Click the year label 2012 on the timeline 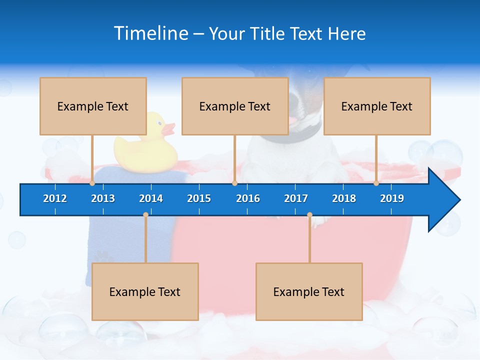pyautogui.click(x=55, y=198)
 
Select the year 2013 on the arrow pyautogui.click(x=103, y=198)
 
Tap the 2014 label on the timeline pyautogui.click(x=151, y=198)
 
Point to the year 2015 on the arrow pyautogui.click(x=199, y=198)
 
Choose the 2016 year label pyautogui.click(x=248, y=198)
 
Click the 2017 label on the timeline pyautogui.click(x=296, y=198)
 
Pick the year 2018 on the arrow pyautogui.click(x=344, y=198)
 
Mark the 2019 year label pyautogui.click(x=392, y=198)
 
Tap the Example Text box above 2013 pyautogui.click(x=93, y=106)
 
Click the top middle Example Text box pyautogui.click(x=235, y=106)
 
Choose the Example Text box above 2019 pyautogui.click(x=377, y=106)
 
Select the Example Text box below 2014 pyautogui.click(x=145, y=291)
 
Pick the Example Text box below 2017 pyautogui.click(x=309, y=291)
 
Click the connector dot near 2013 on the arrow pyautogui.click(x=92, y=183)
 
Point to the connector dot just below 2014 pyautogui.click(x=145, y=215)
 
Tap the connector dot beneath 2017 pyautogui.click(x=309, y=215)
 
